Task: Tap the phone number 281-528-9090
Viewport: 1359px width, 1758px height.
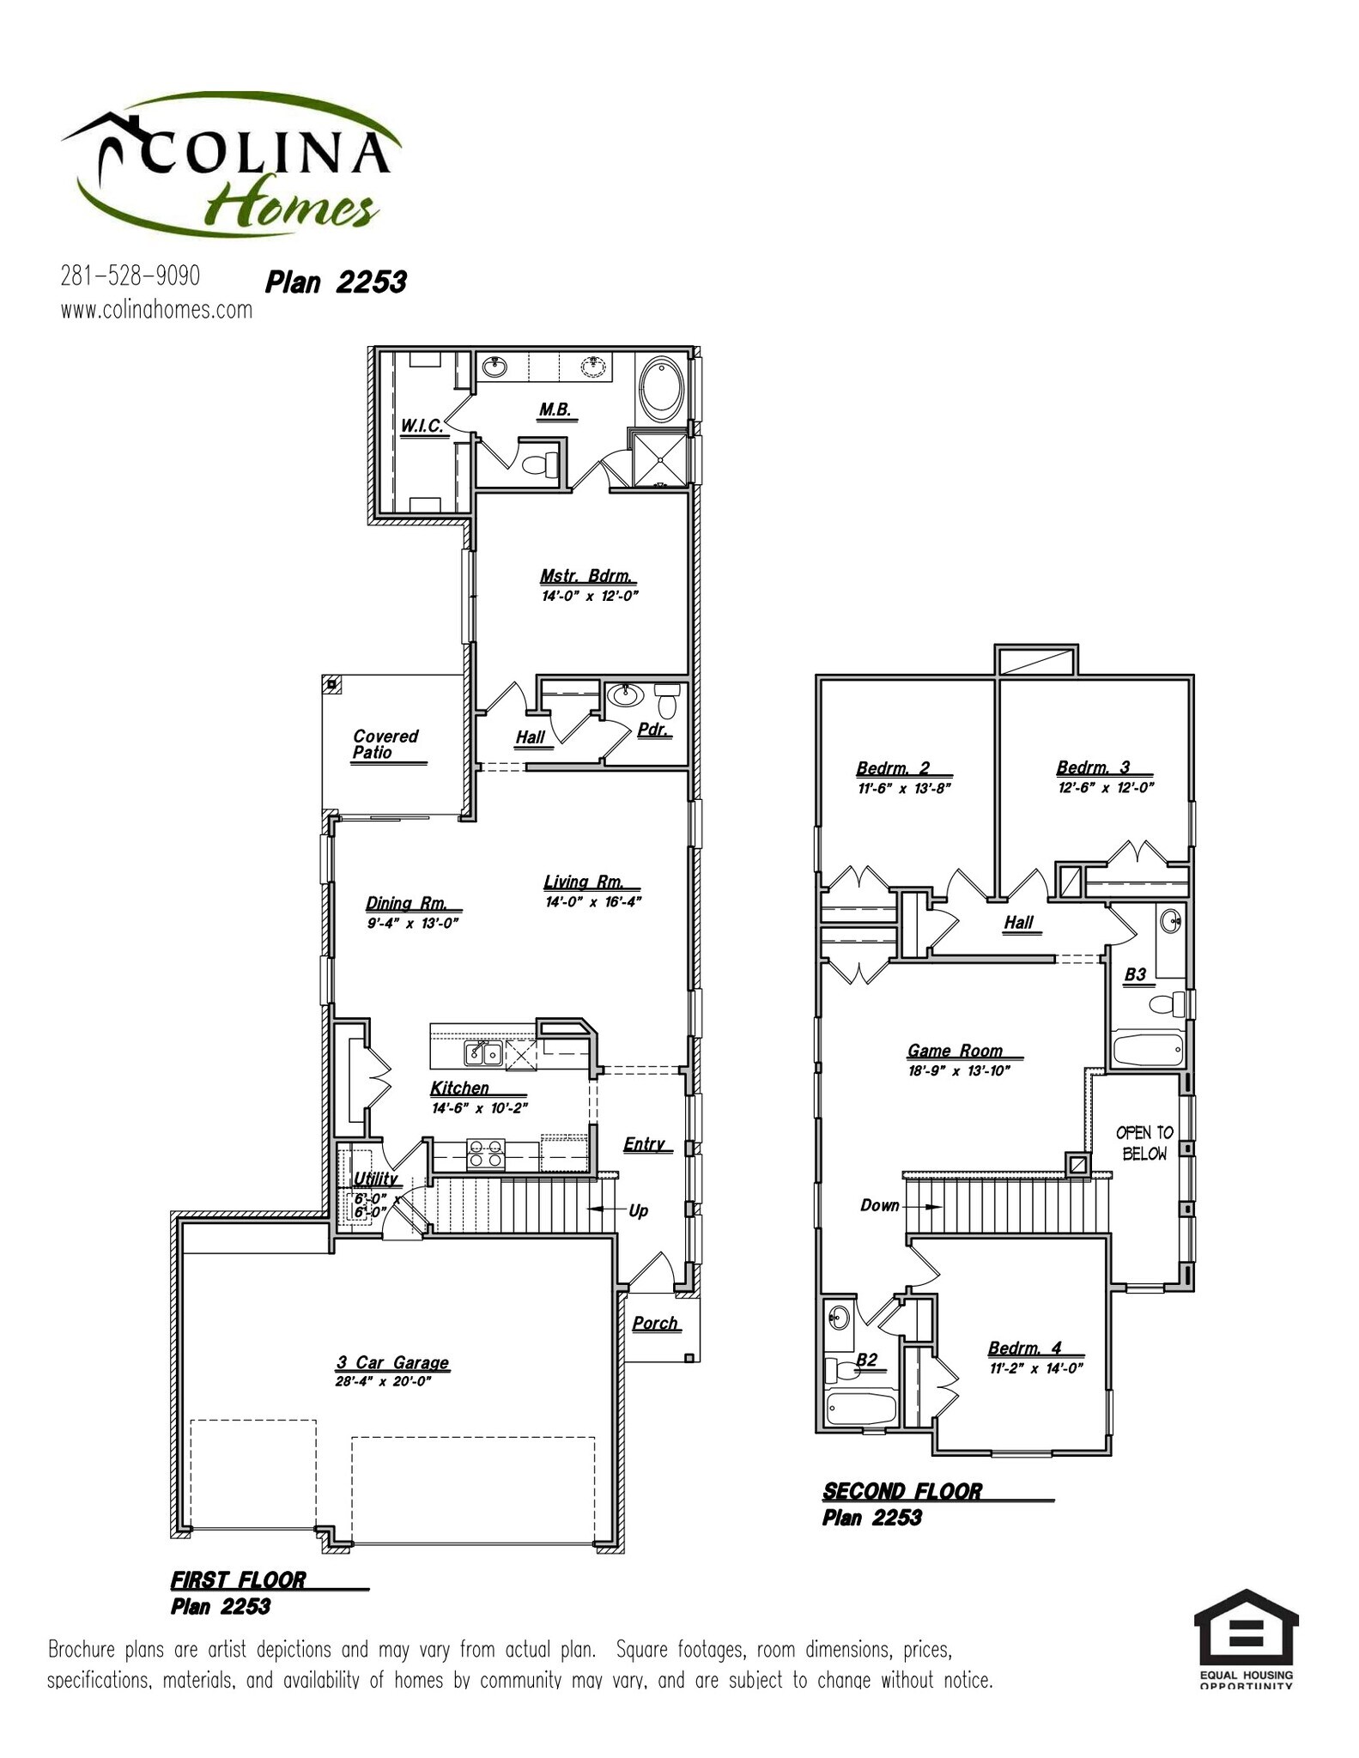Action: point(130,276)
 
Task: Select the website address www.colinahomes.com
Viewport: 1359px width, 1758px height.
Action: point(156,310)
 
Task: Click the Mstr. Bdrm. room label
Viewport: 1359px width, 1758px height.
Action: point(588,576)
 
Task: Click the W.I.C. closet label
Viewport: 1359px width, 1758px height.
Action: point(422,426)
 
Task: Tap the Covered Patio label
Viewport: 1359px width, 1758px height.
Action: point(385,744)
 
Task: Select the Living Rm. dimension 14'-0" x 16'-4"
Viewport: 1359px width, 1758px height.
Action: point(593,902)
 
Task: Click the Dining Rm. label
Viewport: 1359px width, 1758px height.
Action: point(407,903)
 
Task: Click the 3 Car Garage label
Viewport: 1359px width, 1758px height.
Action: point(392,1363)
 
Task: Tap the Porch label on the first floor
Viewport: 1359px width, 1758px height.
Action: point(655,1324)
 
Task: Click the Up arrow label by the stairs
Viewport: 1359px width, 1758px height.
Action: point(638,1211)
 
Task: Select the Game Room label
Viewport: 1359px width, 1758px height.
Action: point(955,1051)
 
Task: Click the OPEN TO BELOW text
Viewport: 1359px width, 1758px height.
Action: point(1144,1143)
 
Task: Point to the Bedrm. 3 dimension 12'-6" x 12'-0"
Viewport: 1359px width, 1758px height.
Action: point(1106,788)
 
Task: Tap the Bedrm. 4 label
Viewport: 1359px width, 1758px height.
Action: point(1025,1349)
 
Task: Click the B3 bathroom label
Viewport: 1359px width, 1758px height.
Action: point(1135,974)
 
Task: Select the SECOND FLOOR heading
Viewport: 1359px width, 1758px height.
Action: point(901,1492)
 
